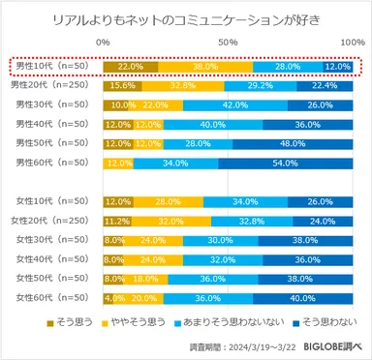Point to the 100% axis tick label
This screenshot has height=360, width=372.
click(351, 44)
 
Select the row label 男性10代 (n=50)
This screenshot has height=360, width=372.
click(49, 66)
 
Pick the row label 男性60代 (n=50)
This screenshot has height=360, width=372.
click(49, 163)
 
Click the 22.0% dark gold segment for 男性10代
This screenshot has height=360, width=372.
click(131, 66)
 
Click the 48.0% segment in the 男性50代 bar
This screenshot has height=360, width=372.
click(292, 143)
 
